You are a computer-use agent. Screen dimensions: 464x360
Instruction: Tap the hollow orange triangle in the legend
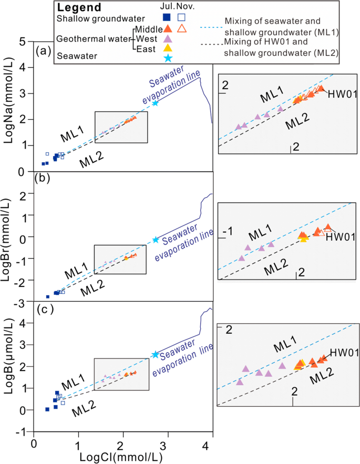[181, 28]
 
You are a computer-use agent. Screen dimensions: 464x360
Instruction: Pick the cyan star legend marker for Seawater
[167, 58]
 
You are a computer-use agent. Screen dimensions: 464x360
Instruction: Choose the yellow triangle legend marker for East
[167, 48]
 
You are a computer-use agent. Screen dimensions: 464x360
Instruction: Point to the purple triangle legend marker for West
[167, 38]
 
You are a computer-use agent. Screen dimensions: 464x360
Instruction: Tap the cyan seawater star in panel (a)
[155, 103]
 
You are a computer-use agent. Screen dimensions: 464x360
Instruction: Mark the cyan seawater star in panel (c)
[155, 355]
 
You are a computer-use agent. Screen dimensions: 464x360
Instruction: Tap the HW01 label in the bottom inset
[342, 353]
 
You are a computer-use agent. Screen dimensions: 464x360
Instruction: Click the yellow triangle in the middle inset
[303, 238]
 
